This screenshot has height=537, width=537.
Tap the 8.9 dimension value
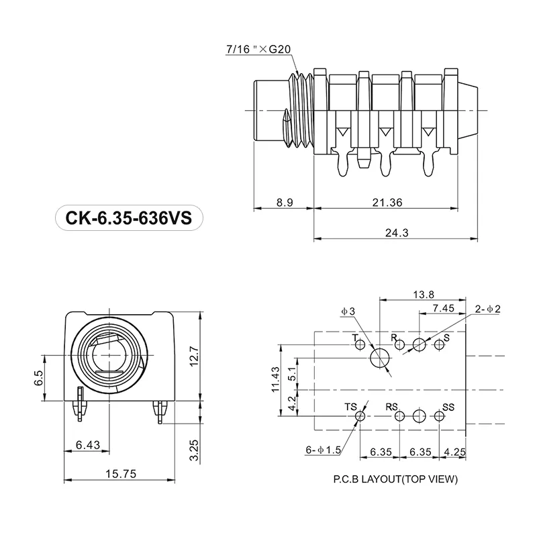coord(283,202)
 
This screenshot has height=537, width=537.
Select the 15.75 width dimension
coord(121,474)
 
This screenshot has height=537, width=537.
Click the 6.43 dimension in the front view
coord(88,444)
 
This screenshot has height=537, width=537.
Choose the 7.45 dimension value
coord(443,307)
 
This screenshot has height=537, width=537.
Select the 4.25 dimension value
coord(454,452)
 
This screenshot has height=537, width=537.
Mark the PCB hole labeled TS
coord(360,416)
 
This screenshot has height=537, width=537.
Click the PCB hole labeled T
coord(360,345)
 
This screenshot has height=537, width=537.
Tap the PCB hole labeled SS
coord(439,416)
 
